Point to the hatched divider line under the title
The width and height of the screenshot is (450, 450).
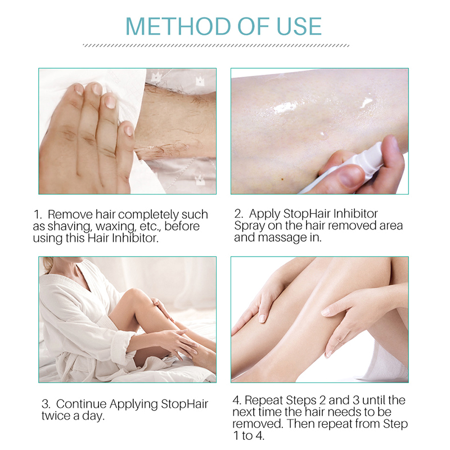pyautogui.click(x=216, y=46)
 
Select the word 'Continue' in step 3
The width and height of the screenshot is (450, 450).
pyautogui.click(x=81, y=403)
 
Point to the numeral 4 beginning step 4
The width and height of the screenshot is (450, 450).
pyautogui.click(x=236, y=400)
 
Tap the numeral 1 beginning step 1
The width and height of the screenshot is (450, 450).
pyautogui.click(x=36, y=215)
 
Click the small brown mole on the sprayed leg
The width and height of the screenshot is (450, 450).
pyautogui.click(x=282, y=179)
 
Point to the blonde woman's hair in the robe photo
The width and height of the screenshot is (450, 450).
pyautogui.click(x=47, y=264)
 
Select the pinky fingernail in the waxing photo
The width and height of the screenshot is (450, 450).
pyautogui.click(x=128, y=130)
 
